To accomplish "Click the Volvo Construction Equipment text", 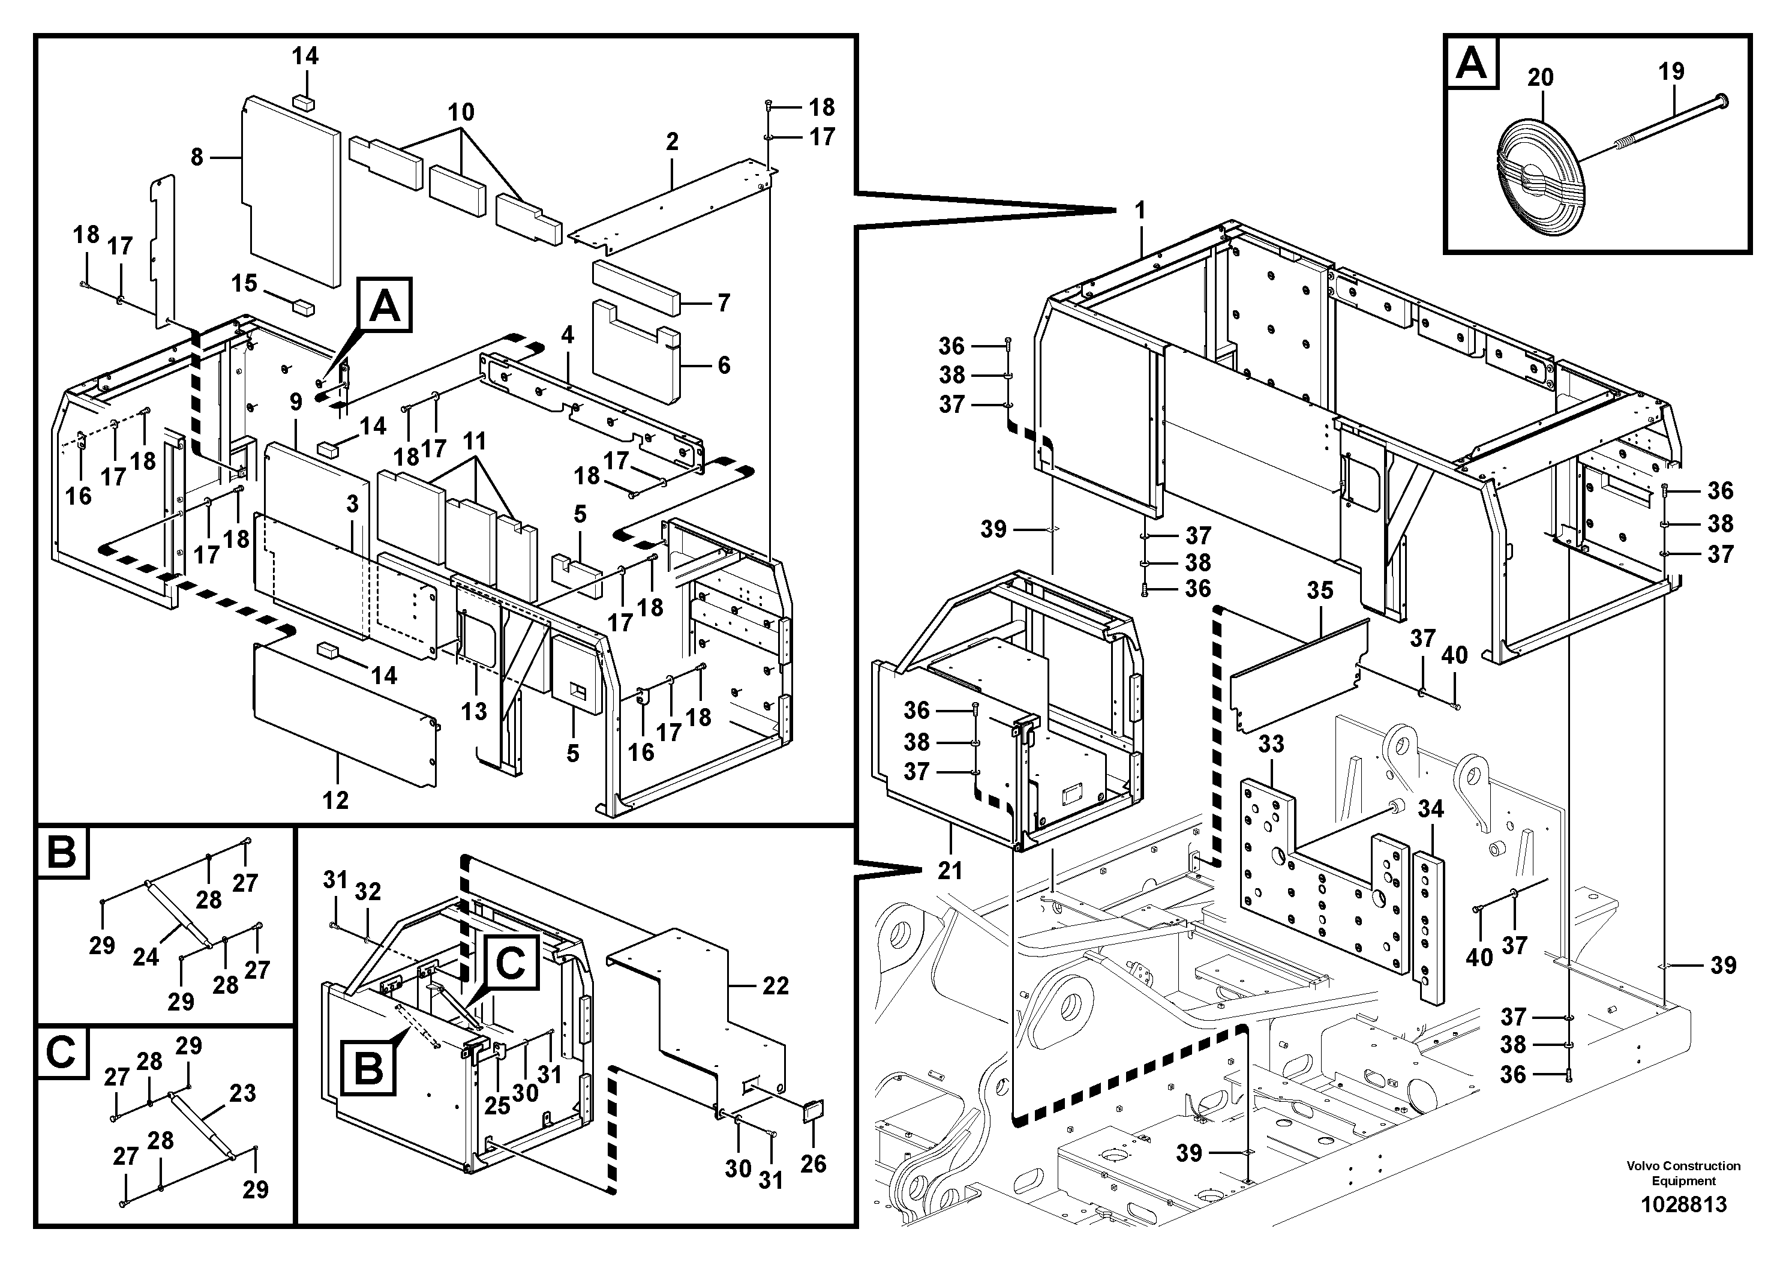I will (x=1683, y=1173).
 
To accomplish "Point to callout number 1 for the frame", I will (x=1140, y=210).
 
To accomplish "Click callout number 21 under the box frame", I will (x=950, y=870).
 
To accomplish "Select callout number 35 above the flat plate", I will (x=1320, y=590).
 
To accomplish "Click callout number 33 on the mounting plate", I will (x=1271, y=744).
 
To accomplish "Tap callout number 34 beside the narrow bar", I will (x=1430, y=809).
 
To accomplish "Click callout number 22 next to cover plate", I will (x=776, y=986).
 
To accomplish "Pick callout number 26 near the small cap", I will (x=814, y=1164).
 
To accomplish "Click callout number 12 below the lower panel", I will (x=336, y=800).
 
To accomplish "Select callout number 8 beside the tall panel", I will (x=197, y=157).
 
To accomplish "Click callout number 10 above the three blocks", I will (x=461, y=112).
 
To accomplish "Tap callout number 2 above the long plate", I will (x=672, y=142).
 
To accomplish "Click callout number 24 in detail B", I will (x=145, y=957).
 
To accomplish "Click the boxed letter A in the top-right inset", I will (x=1471, y=63).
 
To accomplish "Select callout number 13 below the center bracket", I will (x=474, y=711).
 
